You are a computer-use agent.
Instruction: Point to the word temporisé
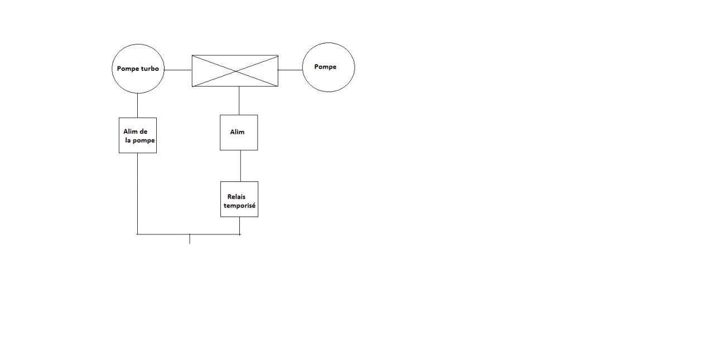click(240, 205)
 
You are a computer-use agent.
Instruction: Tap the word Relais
click(237, 196)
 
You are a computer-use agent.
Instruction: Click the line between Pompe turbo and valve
click(177, 70)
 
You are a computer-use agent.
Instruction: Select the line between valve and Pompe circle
click(290, 70)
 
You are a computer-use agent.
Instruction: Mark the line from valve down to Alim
click(239, 100)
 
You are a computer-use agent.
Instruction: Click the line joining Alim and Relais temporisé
click(240, 166)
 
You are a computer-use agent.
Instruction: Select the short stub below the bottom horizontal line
click(190, 239)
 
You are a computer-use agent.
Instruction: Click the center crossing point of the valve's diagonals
click(235, 71)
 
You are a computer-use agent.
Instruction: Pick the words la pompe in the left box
click(140, 140)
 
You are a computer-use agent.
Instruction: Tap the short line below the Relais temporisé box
click(240, 225)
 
